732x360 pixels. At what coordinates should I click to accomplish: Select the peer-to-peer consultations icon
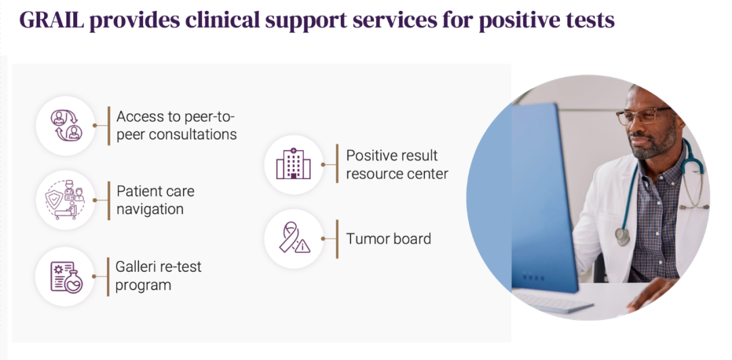66,125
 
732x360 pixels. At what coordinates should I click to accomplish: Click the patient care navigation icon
65,200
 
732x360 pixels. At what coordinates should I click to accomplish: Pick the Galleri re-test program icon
66,277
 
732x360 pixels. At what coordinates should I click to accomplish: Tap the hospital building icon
293,164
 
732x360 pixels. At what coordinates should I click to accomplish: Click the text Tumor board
388,239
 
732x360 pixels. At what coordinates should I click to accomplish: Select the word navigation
150,209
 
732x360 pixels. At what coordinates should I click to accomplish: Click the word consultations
192,134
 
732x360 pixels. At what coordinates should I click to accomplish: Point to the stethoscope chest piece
622,236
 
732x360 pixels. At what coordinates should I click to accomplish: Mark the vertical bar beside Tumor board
337,239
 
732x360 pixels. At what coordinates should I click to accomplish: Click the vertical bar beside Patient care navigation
108,200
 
